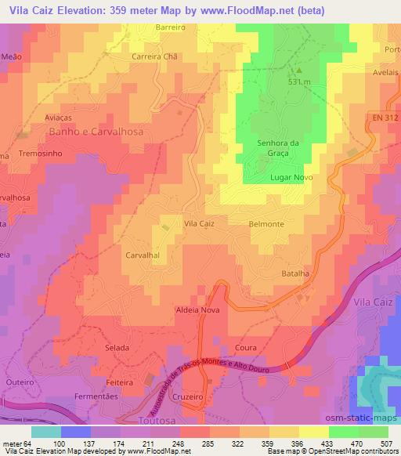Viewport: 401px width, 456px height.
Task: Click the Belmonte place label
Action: tap(266, 224)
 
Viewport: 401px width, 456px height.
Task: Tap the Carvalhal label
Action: tap(143, 255)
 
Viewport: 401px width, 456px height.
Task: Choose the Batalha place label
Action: tap(297, 273)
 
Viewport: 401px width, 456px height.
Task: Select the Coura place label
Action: tap(244, 346)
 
